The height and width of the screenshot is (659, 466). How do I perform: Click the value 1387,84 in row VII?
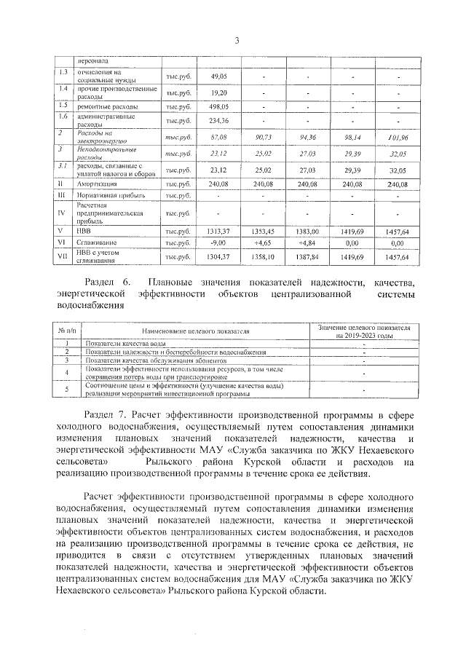(x=309, y=257)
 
